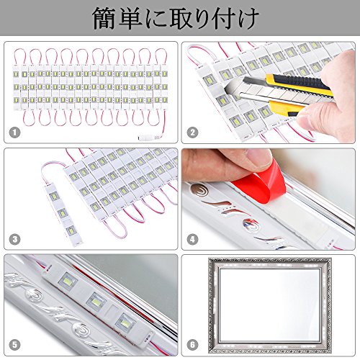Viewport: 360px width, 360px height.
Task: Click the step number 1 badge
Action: [x=14, y=132]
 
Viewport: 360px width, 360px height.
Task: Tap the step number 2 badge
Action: [x=192, y=132]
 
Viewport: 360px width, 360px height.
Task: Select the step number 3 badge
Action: [x=14, y=239]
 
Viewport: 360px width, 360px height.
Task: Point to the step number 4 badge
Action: [x=192, y=239]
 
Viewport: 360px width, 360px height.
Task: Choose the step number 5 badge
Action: [x=14, y=345]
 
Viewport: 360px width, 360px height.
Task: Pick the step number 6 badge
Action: [x=192, y=345]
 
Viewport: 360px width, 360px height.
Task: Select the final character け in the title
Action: [x=247, y=19]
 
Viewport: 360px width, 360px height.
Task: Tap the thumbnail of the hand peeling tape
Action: [x=269, y=199]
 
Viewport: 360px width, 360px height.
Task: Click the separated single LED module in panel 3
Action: [x=63, y=215]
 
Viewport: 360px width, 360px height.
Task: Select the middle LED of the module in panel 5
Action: [x=96, y=302]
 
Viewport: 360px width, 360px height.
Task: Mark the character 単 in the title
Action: [x=130, y=19]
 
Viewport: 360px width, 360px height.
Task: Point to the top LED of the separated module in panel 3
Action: [x=54, y=196]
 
